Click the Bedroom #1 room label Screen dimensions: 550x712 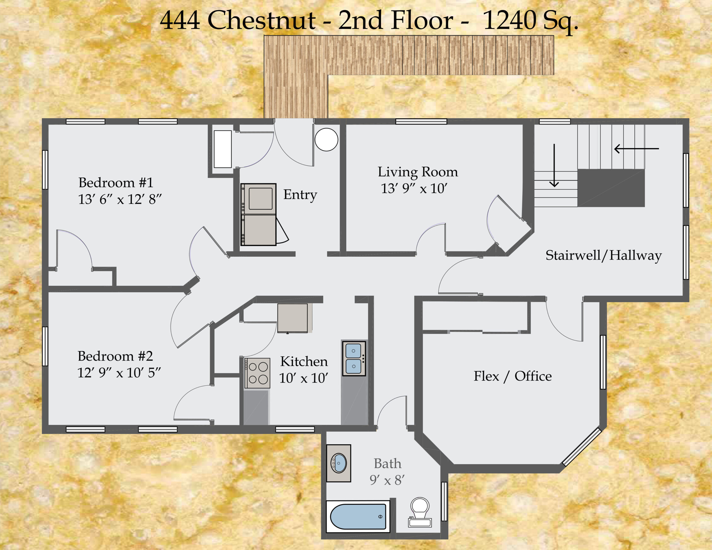pyautogui.click(x=116, y=183)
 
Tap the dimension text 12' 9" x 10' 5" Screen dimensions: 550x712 pyautogui.click(x=119, y=373)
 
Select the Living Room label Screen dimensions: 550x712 pyautogui.click(x=418, y=172)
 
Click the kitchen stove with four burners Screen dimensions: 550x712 pyautogui.click(x=258, y=373)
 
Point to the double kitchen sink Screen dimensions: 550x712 pyautogui.click(x=354, y=359)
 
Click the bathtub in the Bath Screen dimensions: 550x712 pyautogui.click(x=358, y=517)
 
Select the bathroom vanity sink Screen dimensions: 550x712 pyautogui.click(x=339, y=463)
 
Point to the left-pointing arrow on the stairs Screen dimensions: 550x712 pyautogui.click(x=636, y=149)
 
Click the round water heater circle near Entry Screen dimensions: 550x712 pyautogui.click(x=326, y=140)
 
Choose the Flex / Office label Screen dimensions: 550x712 pyautogui.click(x=513, y=376)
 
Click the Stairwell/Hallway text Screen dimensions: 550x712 pyautogui.click(x=604, y=255)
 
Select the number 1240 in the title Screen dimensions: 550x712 pyautogui.click(x=509, y=20)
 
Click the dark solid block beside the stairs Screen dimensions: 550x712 pyautogui.click(x=611, y=188)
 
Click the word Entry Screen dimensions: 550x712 pyautogui.click(x=300, y=195)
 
